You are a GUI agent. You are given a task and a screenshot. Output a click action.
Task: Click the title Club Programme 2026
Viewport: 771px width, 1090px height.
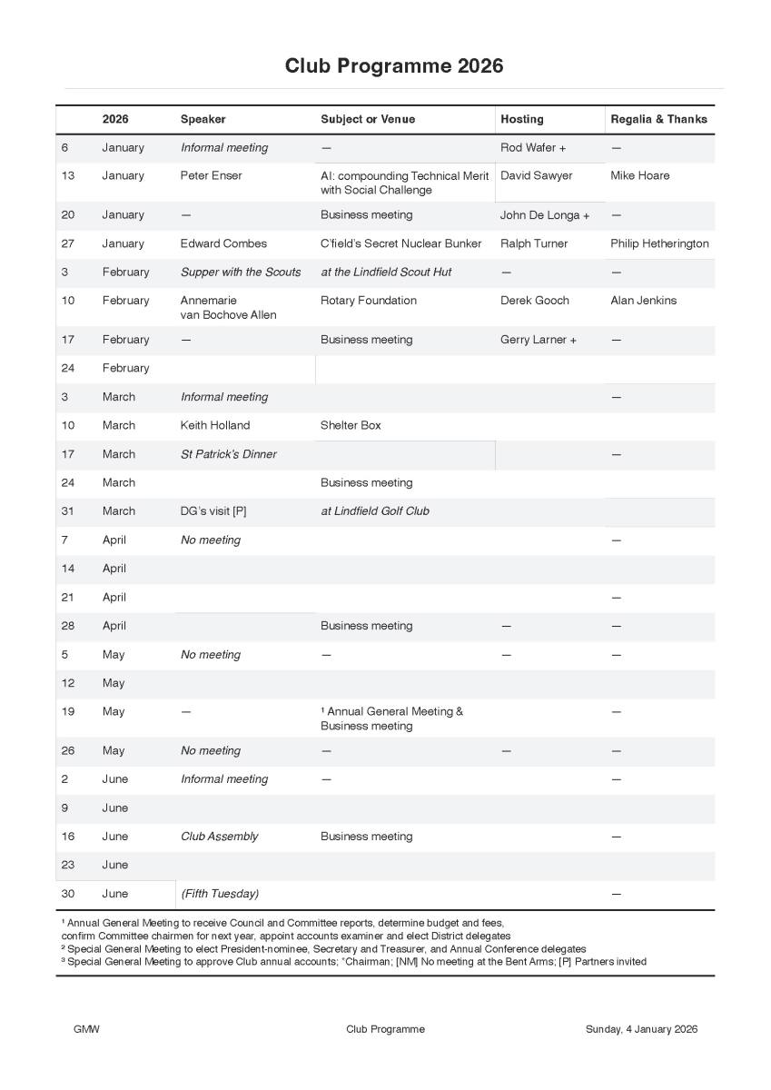pos(393,66)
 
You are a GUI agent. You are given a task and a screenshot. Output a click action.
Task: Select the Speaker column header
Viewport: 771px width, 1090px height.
pos(203,119)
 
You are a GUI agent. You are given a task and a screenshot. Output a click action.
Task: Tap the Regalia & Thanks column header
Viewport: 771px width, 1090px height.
pos(658,119)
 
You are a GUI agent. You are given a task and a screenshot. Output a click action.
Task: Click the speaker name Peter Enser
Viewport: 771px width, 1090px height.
pos(211,176)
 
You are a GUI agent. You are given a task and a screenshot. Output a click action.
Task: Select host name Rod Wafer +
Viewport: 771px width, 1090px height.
pos(532,148)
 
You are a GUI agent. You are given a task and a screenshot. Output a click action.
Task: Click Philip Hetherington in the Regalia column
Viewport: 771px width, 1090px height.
pos(659,243)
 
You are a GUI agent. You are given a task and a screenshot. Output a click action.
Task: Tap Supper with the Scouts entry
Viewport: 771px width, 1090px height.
pos(240,272)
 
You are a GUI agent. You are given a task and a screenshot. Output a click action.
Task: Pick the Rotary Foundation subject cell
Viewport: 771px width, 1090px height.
pos(368,301)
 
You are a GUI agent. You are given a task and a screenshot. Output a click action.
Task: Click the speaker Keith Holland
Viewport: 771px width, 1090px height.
pos(214,425)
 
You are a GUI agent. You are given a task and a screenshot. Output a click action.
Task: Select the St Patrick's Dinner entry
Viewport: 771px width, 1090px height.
pos(228,454)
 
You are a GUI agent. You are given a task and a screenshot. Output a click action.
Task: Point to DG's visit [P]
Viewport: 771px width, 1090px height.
pos(213,511)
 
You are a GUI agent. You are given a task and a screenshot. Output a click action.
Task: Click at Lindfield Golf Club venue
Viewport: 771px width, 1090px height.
pos(374,511)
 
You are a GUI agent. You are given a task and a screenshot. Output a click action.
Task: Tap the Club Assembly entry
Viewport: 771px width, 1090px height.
pos(219,837)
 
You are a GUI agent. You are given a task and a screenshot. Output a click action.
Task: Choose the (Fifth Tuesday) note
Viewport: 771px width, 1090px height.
pos(219,894)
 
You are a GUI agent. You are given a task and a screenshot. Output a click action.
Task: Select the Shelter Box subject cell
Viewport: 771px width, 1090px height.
pos(351,425)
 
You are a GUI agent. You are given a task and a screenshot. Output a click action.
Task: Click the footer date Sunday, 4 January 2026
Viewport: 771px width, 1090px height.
pos(641,1029)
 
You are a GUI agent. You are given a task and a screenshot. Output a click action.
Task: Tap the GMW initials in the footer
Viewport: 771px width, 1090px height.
pos(86,1029)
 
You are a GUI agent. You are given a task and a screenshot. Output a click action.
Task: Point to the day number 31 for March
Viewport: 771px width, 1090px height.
pos(68,511)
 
